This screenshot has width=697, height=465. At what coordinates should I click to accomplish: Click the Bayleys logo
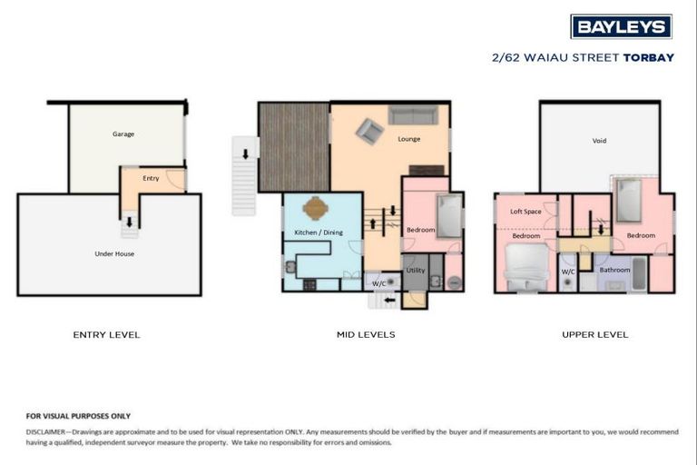(x=621, y=26)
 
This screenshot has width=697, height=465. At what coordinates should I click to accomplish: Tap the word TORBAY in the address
(x=648, y=57)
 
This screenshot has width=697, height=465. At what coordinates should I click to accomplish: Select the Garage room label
(x=123, y=134)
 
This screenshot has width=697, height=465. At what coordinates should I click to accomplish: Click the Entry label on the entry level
(x=151, y=178)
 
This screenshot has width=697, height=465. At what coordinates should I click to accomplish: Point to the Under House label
(x=114, y=253)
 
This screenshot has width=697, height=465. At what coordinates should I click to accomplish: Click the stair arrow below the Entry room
(x=130, y=221)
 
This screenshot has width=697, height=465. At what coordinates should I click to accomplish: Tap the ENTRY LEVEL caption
(x=106, y=335)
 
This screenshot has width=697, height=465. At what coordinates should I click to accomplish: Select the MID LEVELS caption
(x=366, y=335)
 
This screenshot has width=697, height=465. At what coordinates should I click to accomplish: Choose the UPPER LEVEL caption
(x=594, y=335)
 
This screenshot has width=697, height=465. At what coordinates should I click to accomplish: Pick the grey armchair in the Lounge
(x=368, y=132)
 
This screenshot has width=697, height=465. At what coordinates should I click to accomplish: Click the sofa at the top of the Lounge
(x=413, y=115)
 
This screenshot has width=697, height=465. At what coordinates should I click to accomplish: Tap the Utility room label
(x=416, y=270)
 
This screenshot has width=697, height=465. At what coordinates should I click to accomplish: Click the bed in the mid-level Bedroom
(x=448, y=216)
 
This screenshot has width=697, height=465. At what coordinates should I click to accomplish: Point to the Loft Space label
(x=525, y=211)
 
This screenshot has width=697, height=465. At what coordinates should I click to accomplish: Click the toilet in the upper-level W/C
(x=568, y=282)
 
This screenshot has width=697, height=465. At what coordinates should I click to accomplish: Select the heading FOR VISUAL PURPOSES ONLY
(x=78, y=415)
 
